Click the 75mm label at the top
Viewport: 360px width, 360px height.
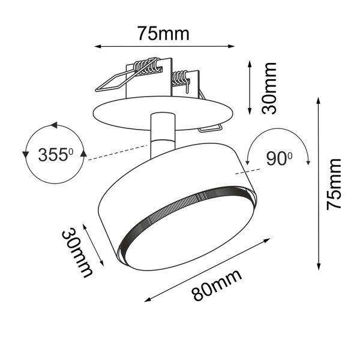pyautogui.click(x=163, y=33)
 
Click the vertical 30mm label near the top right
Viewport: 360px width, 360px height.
pyautogui.click(x=270, y=88)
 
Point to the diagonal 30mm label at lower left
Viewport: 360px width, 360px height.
pyautogui.click(x=77, y=253)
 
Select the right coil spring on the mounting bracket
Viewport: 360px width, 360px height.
pyautogui.click(x=180, y=78)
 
